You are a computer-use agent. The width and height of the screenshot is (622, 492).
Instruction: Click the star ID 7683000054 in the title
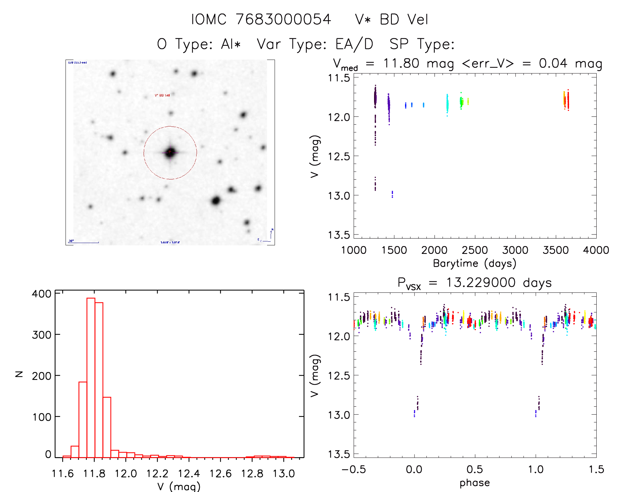tap(283, 19)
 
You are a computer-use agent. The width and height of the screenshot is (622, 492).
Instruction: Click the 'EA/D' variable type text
tap(354, 44)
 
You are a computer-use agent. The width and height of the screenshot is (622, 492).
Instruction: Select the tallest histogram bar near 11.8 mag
tap(91, 377)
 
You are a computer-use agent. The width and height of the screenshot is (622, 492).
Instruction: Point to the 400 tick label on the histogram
tap(41, 294)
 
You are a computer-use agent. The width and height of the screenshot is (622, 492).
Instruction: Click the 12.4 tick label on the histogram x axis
tap(189, 474)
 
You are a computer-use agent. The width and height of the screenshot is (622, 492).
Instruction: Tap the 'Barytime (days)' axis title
tap(474, 263)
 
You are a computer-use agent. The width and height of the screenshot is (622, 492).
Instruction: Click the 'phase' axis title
tap(474, 483)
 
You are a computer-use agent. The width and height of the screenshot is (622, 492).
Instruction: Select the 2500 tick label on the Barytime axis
tap(474, 250)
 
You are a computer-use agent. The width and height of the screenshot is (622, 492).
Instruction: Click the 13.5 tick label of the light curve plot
tap(339, 235)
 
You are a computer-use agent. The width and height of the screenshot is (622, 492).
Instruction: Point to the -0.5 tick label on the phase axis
tap(354, 470)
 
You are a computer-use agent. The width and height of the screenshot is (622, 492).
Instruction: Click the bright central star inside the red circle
tap(170, 152)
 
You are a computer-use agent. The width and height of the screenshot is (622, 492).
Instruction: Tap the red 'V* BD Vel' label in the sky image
tap(162, 96)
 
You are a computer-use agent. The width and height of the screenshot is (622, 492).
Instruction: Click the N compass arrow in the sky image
tap(271, 233)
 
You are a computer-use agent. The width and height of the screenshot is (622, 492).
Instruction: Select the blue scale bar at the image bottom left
tap(84, 243)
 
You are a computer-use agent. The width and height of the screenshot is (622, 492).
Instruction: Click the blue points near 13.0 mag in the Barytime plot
tap(392, 194)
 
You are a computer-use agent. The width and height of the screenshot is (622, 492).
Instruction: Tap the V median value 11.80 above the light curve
tap(401, 63)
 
